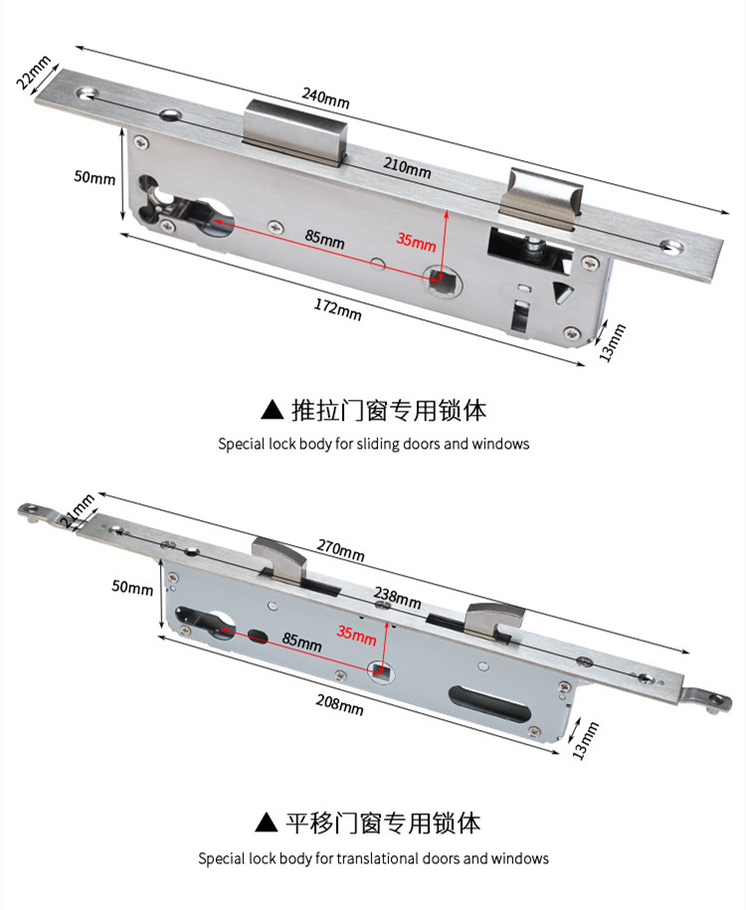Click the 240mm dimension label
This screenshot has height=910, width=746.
325,97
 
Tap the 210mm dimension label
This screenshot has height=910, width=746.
407,167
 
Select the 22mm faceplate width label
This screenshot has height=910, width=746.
33,73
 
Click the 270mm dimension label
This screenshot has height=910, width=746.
341,550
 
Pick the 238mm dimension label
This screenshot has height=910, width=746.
397,597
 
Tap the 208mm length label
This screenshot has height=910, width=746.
339,704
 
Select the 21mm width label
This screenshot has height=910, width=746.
78,510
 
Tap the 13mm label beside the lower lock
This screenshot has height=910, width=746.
585,740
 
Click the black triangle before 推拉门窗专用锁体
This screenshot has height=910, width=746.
273,410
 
